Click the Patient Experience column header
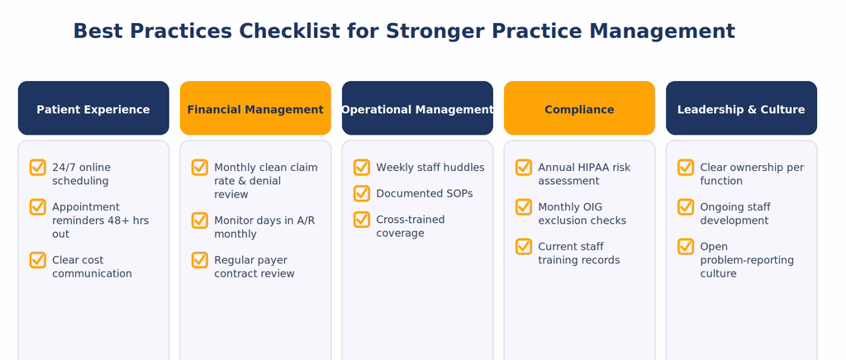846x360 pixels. (93, 108)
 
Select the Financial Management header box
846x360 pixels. (255, 108)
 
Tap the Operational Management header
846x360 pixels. (417, 108)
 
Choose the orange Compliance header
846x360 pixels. (579, 108)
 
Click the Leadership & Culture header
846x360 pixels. (741, 108)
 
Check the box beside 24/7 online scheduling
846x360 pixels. (38, 168)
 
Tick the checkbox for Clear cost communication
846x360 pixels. (38, 260)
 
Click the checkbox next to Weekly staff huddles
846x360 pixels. (362, 168)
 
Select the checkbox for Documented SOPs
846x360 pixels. (362, 193)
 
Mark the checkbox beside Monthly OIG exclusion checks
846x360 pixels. (523, 207)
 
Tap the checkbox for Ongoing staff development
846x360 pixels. (685, 207)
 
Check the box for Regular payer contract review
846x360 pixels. (200, 260)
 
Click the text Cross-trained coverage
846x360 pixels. (411, 226)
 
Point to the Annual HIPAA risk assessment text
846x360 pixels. (584, 174)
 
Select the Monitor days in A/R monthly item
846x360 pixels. (264, 227)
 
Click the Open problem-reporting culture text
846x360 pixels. (747, 260)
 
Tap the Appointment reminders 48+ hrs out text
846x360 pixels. (100, 220)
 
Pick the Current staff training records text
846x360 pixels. (579, 253)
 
